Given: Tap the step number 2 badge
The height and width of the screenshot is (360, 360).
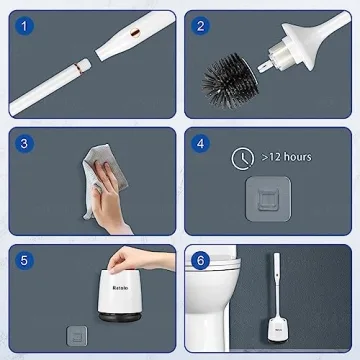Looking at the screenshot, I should click(x=203, y=25).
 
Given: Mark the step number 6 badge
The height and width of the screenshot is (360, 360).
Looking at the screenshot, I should click(x=203, y=262).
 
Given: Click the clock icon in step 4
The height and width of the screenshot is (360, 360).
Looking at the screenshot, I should click(x=241, y=157).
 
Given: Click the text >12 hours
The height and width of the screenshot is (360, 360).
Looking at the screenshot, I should click(x=288, y=157).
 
